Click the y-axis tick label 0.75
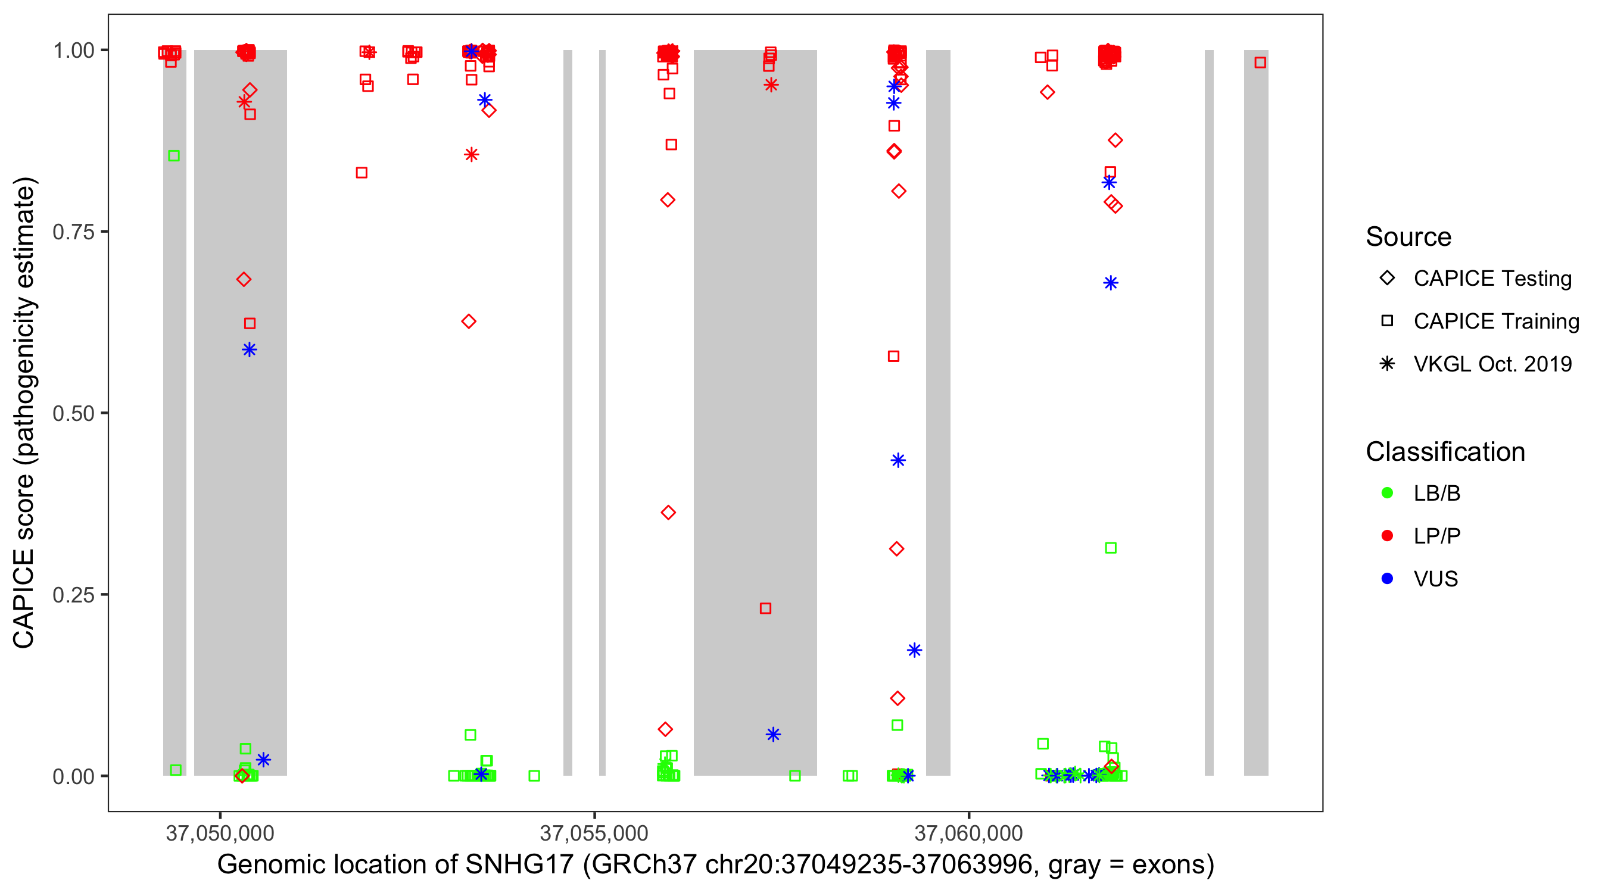pyautogui.click(x=73, y=232)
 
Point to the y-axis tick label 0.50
pyautogui.click(x=73, y=414)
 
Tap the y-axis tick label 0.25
pyautogui.click(x=73, y=595)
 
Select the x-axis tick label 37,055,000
pyautogui.click(x=594, y=833)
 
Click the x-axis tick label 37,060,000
pyautogui.click(x=968, y=833)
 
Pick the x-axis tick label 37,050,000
pyautogui.click(x=220, y=833)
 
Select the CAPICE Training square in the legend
pyautogui.click(x=1387, y=321)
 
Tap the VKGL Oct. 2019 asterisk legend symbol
pyautogui.click(x=1387, y=364)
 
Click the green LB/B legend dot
pyautogui.click(x=1387, y=493)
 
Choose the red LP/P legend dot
pyautogui.click(x=1387, y=536)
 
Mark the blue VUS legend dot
pyautogui.click(x=1387, y=579)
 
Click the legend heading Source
pyautogui.click(x=1408, y=237)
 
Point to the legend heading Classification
pyautogui.click(x=1445, y=452)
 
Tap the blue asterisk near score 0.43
pyautogui.click(x=898, y=461)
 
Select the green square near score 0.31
pyautogui.click(x=1111, y=548)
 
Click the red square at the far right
pyautogui.click(x=1260, y=63)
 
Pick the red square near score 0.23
pyautogui.click(x=765, y=608)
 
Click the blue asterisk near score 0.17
pyautogui.click(x=914, y=650)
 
